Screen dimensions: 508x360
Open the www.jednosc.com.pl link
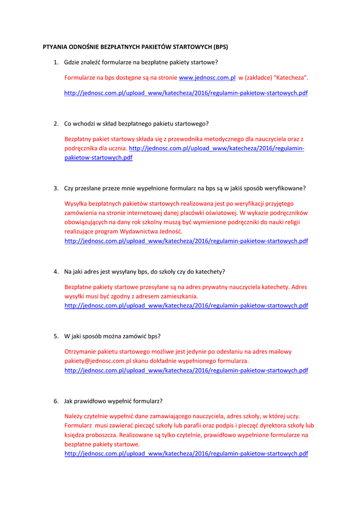click(207, 78)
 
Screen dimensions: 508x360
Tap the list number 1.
click(56, 63)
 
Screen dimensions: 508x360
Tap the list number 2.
click(56, 124)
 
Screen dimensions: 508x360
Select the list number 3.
click(56, 189)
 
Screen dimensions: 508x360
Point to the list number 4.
click(56, 272)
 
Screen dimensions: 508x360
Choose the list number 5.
click(56, 336)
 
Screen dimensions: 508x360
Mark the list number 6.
click(56, 401)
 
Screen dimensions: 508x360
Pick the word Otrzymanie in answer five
click(80, 352)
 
